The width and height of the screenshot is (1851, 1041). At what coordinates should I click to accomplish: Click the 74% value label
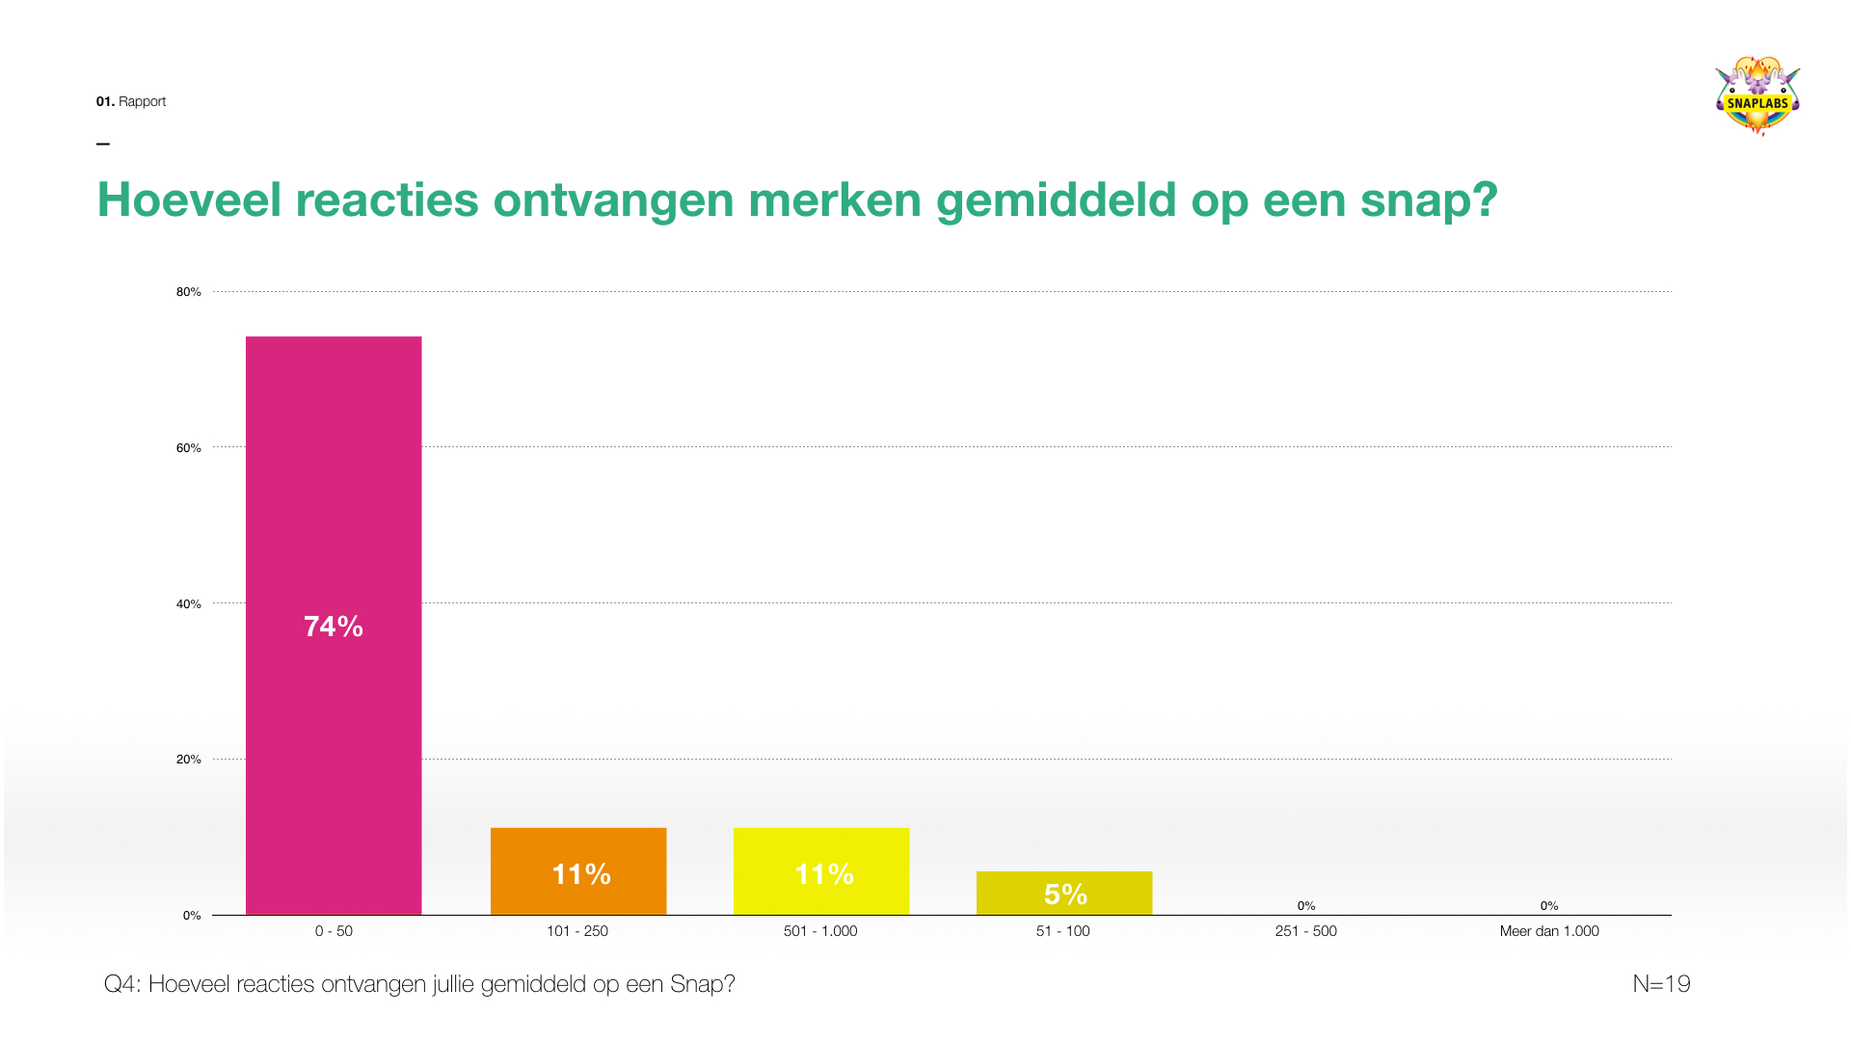pyautogui.click(x=334, y=627)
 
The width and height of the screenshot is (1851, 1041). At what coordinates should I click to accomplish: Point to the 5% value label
pyautogui.click(x=1065, y=894)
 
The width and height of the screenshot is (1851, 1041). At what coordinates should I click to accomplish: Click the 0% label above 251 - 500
pyautogui.click(x=1306, y=906)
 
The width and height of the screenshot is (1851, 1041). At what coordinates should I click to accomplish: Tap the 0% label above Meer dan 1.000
pyautogui.click(x=1549, y=906)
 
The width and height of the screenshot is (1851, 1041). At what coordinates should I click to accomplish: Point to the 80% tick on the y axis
pyautogui.click(x=189, y=292)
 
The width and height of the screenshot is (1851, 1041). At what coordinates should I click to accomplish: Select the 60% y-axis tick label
pyautogui.click(x=189, y=448)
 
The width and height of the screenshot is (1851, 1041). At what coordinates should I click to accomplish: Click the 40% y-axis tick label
pyautogui.click(x=189, y=604)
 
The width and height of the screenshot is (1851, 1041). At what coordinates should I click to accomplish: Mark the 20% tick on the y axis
pyautogui.click(x=189, y=760)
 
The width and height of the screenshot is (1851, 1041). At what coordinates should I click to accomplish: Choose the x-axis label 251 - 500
pyautogui.click(x=1306, y=931)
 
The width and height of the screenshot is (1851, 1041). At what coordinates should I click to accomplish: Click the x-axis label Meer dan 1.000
pyautogui.click(x=1549, y=931)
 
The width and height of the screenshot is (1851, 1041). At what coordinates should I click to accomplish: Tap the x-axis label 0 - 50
pyautogui.click(x=334, y=931)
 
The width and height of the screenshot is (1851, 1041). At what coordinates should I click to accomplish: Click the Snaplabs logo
pyautogui.click(x=1757, y=96)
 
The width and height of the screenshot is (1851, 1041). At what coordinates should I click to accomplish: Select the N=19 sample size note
pyautogui.click(x=1661, y=984)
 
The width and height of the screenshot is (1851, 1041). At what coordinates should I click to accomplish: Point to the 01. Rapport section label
pyautogui.click(x=131, y=101)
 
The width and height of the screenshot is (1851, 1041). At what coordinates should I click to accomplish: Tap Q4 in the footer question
pyautogui.click(x=121, y=984)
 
